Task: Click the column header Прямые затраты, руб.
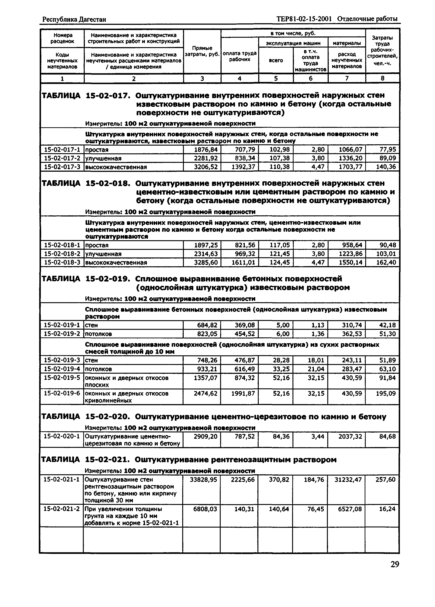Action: coord(202,51)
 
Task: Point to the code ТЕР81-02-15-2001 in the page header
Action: coord(304,19)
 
